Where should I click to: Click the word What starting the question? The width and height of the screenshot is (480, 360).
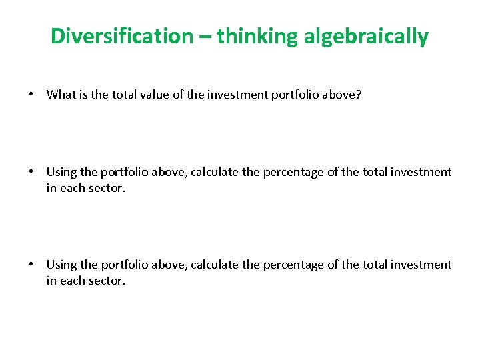[61, 95]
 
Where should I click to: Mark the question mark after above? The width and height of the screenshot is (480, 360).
[359, 95]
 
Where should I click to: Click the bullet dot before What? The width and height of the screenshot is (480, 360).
[31, 95]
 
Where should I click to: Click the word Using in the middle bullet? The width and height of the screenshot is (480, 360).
[61, 172]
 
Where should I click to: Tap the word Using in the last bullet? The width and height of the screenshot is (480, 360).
[61, 265]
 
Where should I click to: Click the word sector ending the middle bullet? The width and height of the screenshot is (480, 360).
[107, 188]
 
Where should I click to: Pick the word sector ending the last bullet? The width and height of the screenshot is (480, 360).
[107, 281]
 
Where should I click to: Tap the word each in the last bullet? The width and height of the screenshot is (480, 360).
[73, 281]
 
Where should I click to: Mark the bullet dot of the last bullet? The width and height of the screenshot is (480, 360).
[31, 265]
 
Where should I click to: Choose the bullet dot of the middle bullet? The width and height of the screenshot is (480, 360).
[31, 172]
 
